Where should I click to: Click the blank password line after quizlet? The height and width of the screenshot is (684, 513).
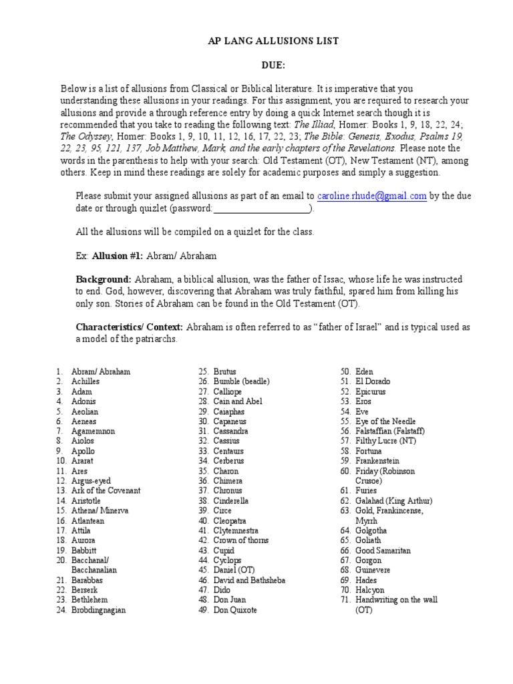(262, 209)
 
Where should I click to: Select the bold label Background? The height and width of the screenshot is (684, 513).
(104, 279)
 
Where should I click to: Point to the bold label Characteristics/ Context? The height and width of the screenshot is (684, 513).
(130, 327)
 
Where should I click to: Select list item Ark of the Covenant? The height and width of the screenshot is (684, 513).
(106, 491)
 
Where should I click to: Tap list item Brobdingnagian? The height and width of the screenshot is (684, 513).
(99, 611)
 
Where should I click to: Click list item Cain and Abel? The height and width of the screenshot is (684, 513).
(238, 401)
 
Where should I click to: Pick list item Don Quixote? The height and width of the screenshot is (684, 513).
(234, 611)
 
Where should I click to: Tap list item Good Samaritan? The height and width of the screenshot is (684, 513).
(383, 550)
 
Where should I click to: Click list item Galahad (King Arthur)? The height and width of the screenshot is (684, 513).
(395, 501)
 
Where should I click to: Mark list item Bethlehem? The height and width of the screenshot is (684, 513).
(90, 601)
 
